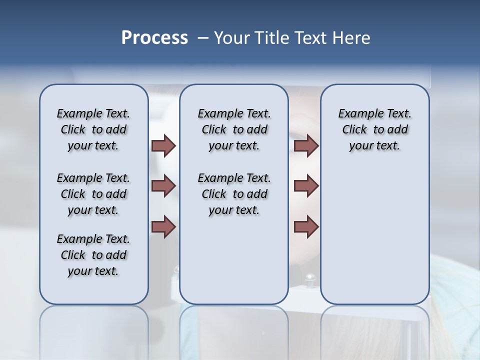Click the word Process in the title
tap(154, 37)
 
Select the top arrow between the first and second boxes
tap(163, 145)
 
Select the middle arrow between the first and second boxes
tap(163, 186)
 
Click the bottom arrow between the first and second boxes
tap(163, 226)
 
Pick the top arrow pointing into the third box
tap(306, 145)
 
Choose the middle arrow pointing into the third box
tap(306, 186)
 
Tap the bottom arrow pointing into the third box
tap(306, 226)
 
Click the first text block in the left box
tap(93, 129)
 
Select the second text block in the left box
tap(93, 194)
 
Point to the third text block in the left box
tap(93, 255)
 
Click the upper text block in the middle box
tap(234, 129)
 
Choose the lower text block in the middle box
tap(234, 194)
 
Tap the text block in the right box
tap(374, 129)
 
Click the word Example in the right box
tap(357, 114)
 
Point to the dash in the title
tap(203, 38)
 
